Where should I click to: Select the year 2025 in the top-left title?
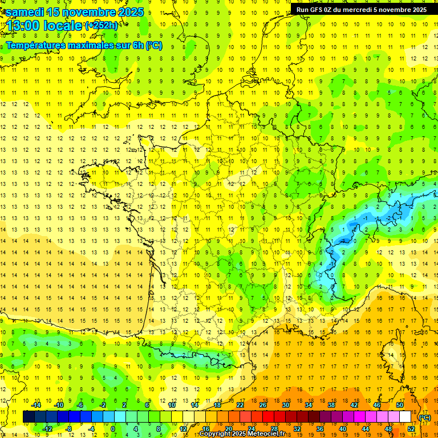coord(131,12)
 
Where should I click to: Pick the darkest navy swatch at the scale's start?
coord(29,417)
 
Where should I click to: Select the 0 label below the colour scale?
coord(113,429)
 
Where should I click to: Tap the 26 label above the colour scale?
coord(263,405)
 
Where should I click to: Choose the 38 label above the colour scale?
coord(331,405)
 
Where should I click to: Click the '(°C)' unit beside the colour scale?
coord(425,417)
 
